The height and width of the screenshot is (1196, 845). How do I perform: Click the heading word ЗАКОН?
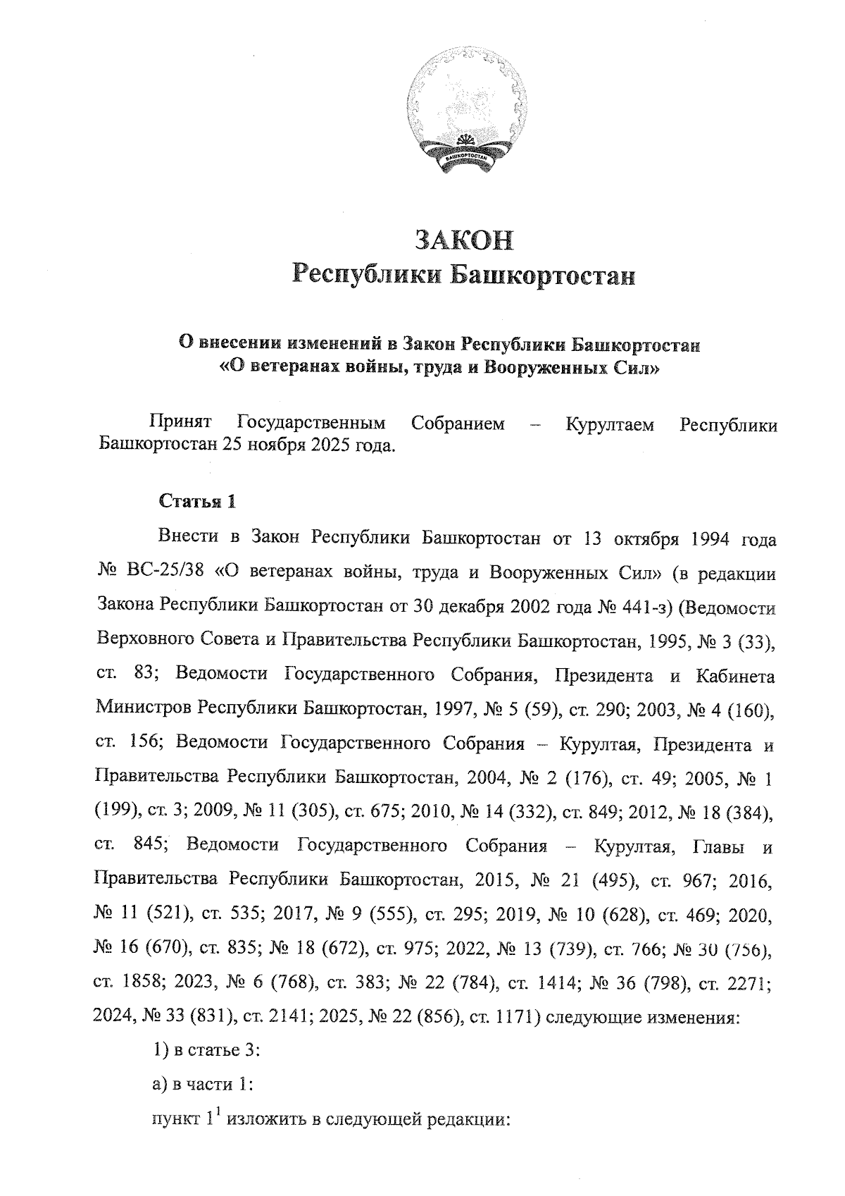[464, 240]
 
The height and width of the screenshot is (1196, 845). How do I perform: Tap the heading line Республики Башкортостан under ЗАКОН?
[464, 274]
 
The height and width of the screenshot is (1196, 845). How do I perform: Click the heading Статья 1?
[196, 502]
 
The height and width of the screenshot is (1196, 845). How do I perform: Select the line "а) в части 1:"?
[202, 1085]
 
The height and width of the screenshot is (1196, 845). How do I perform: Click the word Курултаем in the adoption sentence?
[609, 425]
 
